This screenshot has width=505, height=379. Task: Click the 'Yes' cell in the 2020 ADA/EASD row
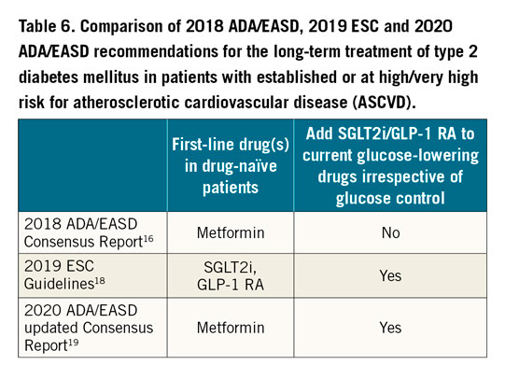[x=393, y=328]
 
